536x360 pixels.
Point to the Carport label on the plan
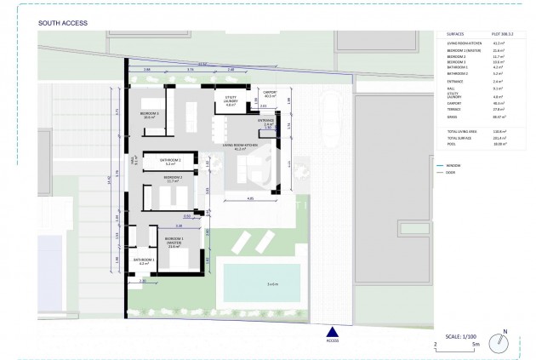(x=271, y=94)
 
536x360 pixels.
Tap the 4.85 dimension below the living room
(x=250, y=198)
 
